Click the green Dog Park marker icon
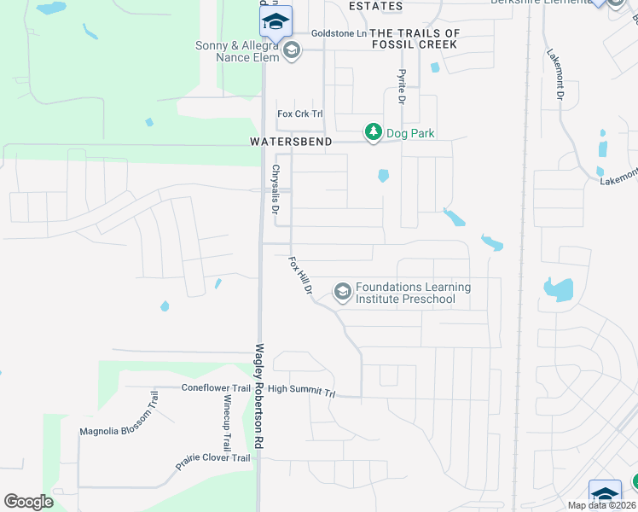[x=373, y=132]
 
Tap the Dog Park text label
[x=410, y=133]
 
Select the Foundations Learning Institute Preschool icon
[x=342, y=293]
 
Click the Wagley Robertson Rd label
[x=258, y=397]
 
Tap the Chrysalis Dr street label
[x=276, y=195]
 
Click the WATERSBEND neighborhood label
[x=291, y=143]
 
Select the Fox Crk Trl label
[x=300, y=113]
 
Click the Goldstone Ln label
[x=338, y=33]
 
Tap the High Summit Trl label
[x=303, y=390]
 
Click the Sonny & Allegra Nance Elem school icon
[x=292, y=50]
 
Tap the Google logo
[x=29, y=501]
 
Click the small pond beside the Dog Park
[x=383, y=176]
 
